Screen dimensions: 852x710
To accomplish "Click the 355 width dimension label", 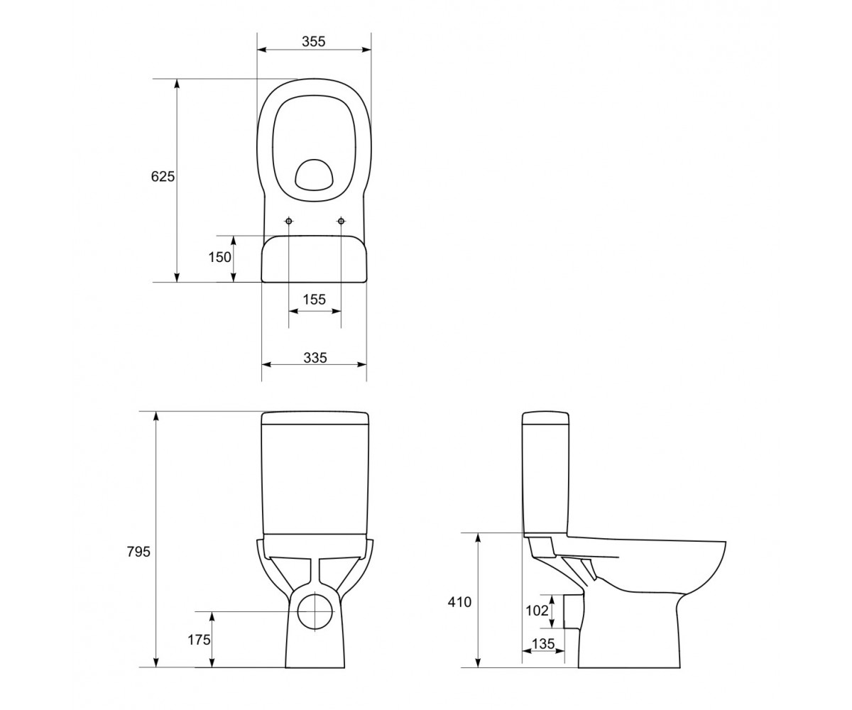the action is pyautogui.click(x=313, y=41).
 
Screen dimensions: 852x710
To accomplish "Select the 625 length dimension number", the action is pyautogui.click(x=163, y=176).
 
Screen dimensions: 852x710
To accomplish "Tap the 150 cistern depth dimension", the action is pyautogui.click(x=220, y=257).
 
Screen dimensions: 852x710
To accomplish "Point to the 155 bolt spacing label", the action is pyautogui.click(x=315, y=300).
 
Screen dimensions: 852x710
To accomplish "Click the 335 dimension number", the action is pyautogui.click(x=315, y=357).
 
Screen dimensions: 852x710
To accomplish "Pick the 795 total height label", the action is pyautogui.click(x=138, y=552).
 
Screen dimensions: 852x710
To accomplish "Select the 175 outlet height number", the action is pyautogui.click(x=199, y=640).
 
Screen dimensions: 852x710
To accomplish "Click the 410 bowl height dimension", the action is pyautogui.click(x=459, y=602).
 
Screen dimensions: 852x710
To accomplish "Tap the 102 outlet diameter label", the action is pyautogui.click(x=537, y=611).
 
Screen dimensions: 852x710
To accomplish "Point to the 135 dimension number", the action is pyautogui.click(x=544, y=643).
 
